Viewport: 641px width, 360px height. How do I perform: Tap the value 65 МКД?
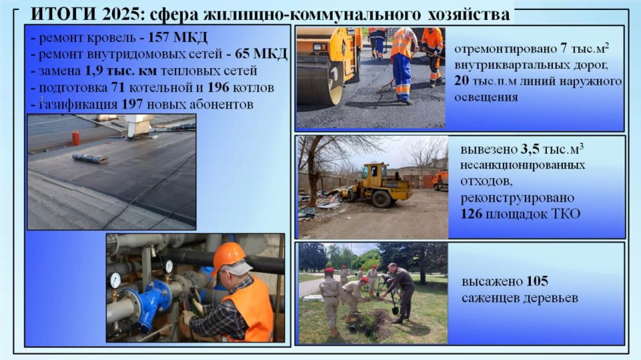point(261,54)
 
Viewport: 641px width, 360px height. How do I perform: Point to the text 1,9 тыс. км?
point(121,71)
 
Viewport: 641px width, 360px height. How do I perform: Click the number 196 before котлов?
point(220,87)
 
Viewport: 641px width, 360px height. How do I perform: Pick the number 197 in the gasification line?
point(132,104)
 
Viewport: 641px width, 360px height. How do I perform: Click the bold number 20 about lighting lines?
point(461,81)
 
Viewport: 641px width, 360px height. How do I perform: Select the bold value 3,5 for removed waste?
point(529,150)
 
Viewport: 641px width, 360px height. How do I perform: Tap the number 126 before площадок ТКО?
point(471,214)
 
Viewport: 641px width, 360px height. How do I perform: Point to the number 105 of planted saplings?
point(537,281)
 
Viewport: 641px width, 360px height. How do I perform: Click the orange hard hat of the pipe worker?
point(228,256)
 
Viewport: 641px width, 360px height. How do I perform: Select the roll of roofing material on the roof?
point(90,158)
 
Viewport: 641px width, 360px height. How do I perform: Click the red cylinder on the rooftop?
point(75,138)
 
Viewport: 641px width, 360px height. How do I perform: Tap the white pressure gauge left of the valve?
point(116,281)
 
